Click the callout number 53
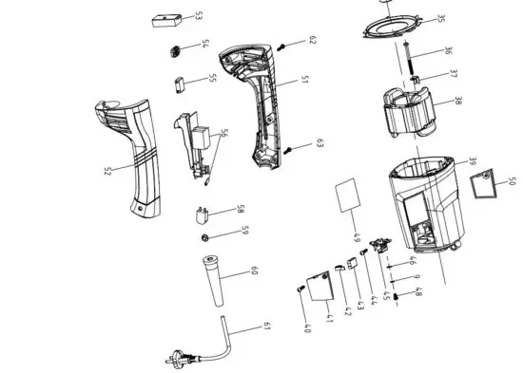198,16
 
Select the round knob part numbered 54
176,49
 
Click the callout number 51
303,81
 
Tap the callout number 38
458,101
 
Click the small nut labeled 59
205,234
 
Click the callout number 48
417,295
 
